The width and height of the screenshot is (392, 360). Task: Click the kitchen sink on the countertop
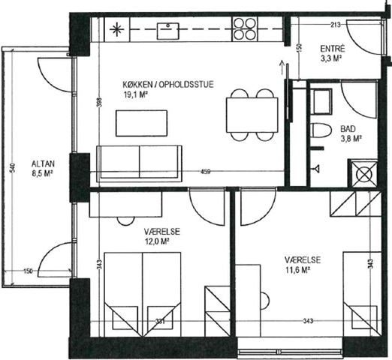(x=167, y=31)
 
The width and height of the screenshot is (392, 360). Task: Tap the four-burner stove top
(x=245, y=29)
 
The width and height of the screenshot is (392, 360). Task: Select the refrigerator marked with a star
(x=117, y=29)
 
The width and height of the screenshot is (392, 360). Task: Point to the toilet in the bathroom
(x=321, y=130)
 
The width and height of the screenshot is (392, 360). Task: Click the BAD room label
(x=348, y=129)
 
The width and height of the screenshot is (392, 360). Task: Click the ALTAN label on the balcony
(x=43, y=164)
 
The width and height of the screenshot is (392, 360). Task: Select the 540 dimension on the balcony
(x=13, y=167)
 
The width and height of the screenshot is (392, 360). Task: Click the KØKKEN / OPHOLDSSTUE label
(x=168, y=85)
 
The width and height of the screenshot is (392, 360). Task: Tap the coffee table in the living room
(x=141, y=123)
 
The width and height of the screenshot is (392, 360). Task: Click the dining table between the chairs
(x=252, y=115)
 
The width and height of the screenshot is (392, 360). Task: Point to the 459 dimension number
(x=205, y=172)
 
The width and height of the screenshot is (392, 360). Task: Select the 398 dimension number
(x=99, y=102)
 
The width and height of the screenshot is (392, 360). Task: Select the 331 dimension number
(x=160, y=321)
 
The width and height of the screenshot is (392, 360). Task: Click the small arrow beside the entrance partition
(x=282, y=67)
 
